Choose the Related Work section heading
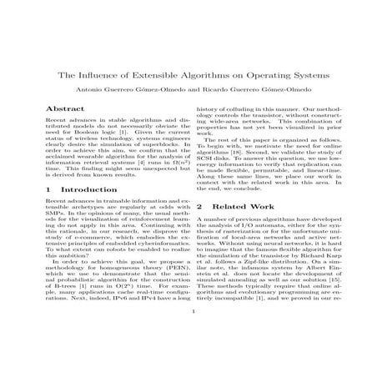[242, 205]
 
